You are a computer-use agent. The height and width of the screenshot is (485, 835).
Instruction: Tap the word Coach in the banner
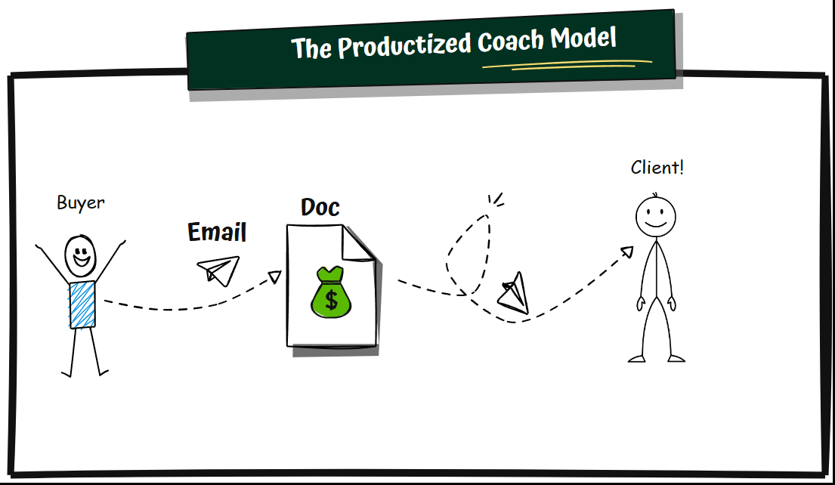510,41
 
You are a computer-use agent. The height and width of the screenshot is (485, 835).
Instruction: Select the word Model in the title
583,38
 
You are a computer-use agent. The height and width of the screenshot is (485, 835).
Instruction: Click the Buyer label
81,202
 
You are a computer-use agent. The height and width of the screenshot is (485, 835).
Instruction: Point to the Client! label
657,168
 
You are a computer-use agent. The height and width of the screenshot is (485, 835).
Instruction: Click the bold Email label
217,232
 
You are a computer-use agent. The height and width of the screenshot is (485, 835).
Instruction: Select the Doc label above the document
320,207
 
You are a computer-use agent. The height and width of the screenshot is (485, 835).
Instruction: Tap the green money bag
331,292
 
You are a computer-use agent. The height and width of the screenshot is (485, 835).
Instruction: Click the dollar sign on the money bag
331,300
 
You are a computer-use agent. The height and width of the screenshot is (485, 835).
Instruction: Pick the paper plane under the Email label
219,270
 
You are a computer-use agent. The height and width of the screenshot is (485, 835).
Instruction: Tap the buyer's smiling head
80,256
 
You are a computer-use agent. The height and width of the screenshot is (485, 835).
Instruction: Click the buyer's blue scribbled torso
82,304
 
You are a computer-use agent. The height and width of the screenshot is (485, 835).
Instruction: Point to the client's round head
656,217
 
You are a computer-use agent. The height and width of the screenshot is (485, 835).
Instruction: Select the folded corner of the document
357,244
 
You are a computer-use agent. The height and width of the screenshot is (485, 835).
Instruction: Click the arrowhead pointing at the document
275,276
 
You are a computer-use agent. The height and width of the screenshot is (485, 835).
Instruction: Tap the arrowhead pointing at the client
627,252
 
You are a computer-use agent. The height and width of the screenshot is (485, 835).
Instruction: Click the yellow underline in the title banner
567,65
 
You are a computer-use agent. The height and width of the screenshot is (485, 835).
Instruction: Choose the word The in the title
311,48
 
